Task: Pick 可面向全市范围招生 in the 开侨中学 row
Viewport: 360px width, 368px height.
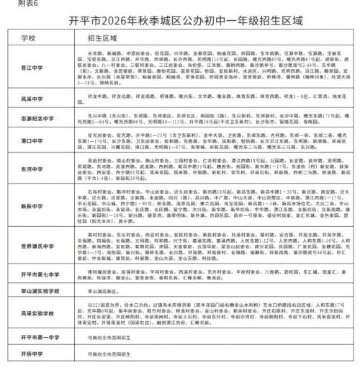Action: point(108,355)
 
